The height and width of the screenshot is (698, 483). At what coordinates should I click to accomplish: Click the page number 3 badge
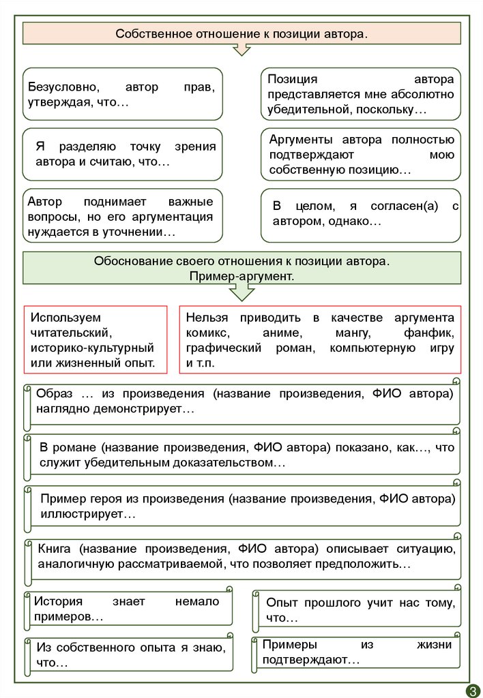point(472,690)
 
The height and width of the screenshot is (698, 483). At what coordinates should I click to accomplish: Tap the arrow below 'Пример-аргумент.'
point(241,292)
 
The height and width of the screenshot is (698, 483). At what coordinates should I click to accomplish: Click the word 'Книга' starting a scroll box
point(55,549)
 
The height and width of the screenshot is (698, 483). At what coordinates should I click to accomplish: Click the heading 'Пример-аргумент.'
point(241,276)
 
